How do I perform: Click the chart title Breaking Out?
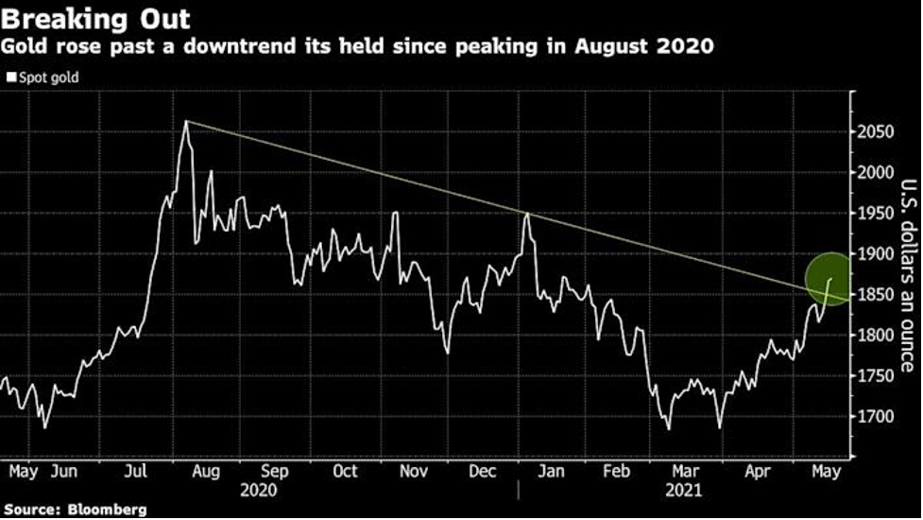pos(97,19)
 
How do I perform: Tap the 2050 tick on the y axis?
pos(879,131)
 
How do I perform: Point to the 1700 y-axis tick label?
pos(879,417)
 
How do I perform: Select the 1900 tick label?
pos(879,253)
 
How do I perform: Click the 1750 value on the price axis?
pos(879,376)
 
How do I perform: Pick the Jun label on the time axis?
pos(64,471)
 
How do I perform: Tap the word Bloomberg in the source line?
pos(108,510)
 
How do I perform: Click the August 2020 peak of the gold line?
pos(185,122)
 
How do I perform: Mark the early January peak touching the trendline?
pos(526,215)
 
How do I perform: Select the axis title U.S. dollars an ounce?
pos(905,275)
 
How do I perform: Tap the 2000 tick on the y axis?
pos(879,172)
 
